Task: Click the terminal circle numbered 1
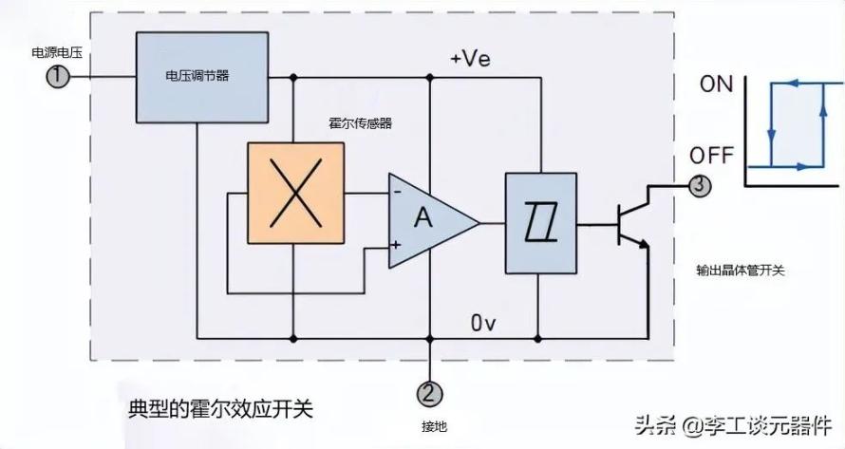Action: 57,77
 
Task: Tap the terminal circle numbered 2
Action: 429,394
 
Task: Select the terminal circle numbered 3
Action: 700,185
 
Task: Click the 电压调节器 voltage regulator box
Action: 202,77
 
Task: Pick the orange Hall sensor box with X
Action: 296,193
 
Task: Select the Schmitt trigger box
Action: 541,223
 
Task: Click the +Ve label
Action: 471,58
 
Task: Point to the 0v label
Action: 483,323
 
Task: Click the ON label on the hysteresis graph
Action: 716,84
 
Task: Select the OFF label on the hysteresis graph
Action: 711,156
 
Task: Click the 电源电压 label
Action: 57,52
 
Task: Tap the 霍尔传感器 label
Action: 360,122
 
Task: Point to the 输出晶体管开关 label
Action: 741,270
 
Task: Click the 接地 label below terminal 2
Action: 434,426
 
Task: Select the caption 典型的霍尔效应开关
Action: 220,409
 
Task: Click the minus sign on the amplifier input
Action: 397,192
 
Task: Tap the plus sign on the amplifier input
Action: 396,245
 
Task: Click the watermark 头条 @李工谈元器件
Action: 733,426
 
